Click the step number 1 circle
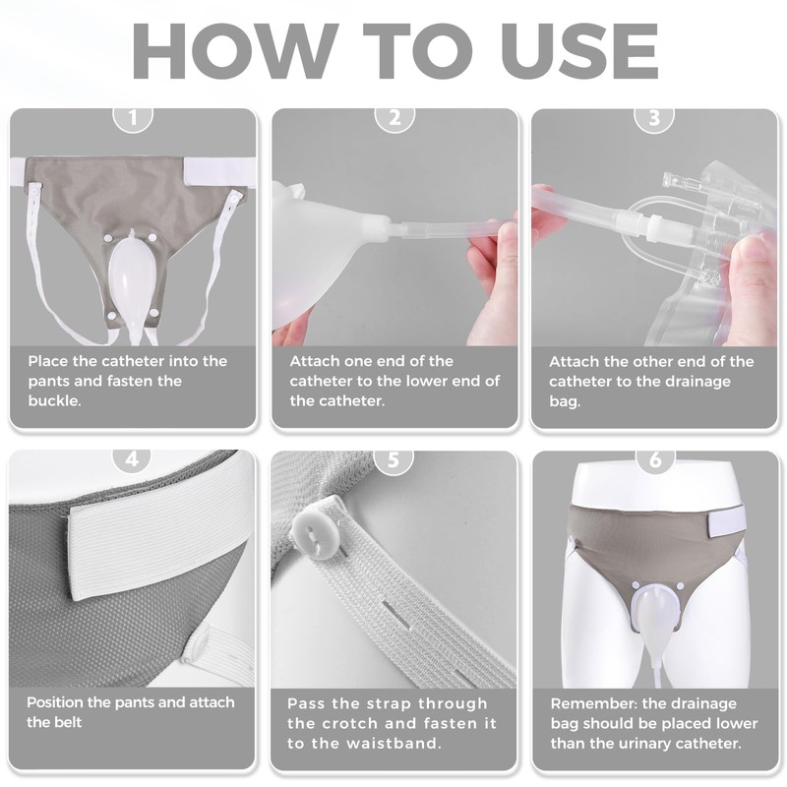click(133, 118)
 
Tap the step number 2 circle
click(394, 118)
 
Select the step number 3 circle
click(654, 118)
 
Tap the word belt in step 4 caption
click(67, 722)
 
